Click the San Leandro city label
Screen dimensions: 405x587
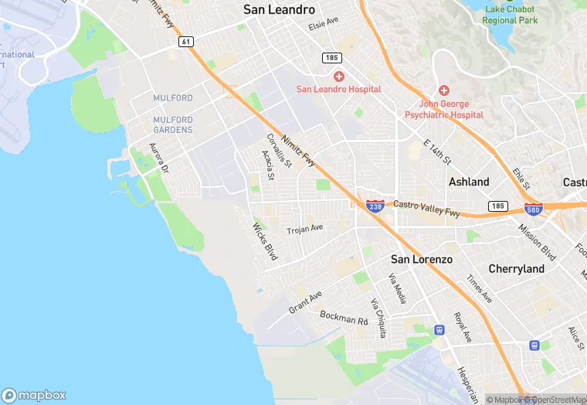[x=279, y=10]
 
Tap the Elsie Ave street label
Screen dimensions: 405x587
[x=324, y=26]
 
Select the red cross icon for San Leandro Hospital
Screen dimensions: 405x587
[x=338, y=76]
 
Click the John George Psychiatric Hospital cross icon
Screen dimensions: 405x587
[x=444, y=90]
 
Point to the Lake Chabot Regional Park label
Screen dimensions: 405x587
[x=510, y=15]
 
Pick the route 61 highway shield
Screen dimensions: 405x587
[x=185, y=42]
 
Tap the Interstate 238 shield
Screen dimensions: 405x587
[x=375, y=206]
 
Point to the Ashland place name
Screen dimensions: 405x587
[x=469, y=182]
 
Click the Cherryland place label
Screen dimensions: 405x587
[x=515, y=269]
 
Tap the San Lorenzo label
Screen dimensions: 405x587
[x=421, y=259]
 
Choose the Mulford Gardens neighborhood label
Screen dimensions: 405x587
[x=172, y=124]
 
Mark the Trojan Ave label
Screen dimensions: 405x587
[x=304, y=230]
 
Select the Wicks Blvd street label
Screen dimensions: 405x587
[x=265, y=241]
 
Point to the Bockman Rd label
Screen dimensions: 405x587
[x=344, y=317]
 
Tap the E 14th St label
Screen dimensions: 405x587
[x=437, y=151]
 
